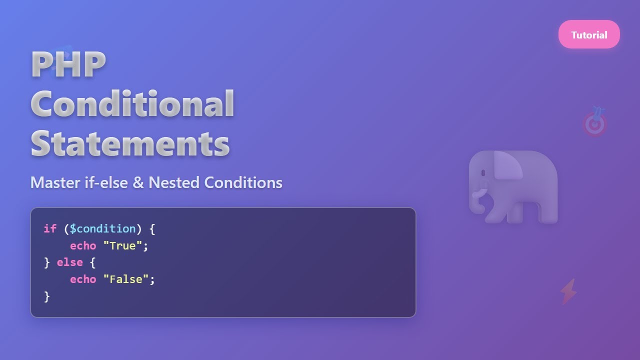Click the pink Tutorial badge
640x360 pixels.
[x=589, y=34]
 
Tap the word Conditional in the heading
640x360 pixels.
[x=132, y=103]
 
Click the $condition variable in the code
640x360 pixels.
[x=102, y=229]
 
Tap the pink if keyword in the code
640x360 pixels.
[x=50, y=229]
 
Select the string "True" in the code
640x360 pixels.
[x=122, y=246]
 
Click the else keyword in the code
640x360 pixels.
[x=69, y=262]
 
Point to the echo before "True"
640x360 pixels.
[x=83, y=246]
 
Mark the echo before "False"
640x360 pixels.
[x=83, y=279]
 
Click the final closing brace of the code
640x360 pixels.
[x=47, y=296]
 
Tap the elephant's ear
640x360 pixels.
[x=507, y=165]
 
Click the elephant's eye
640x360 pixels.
[x=483, y=173]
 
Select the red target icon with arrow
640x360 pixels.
[x=594, y=123]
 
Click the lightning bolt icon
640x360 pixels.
[x=568, y=291]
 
